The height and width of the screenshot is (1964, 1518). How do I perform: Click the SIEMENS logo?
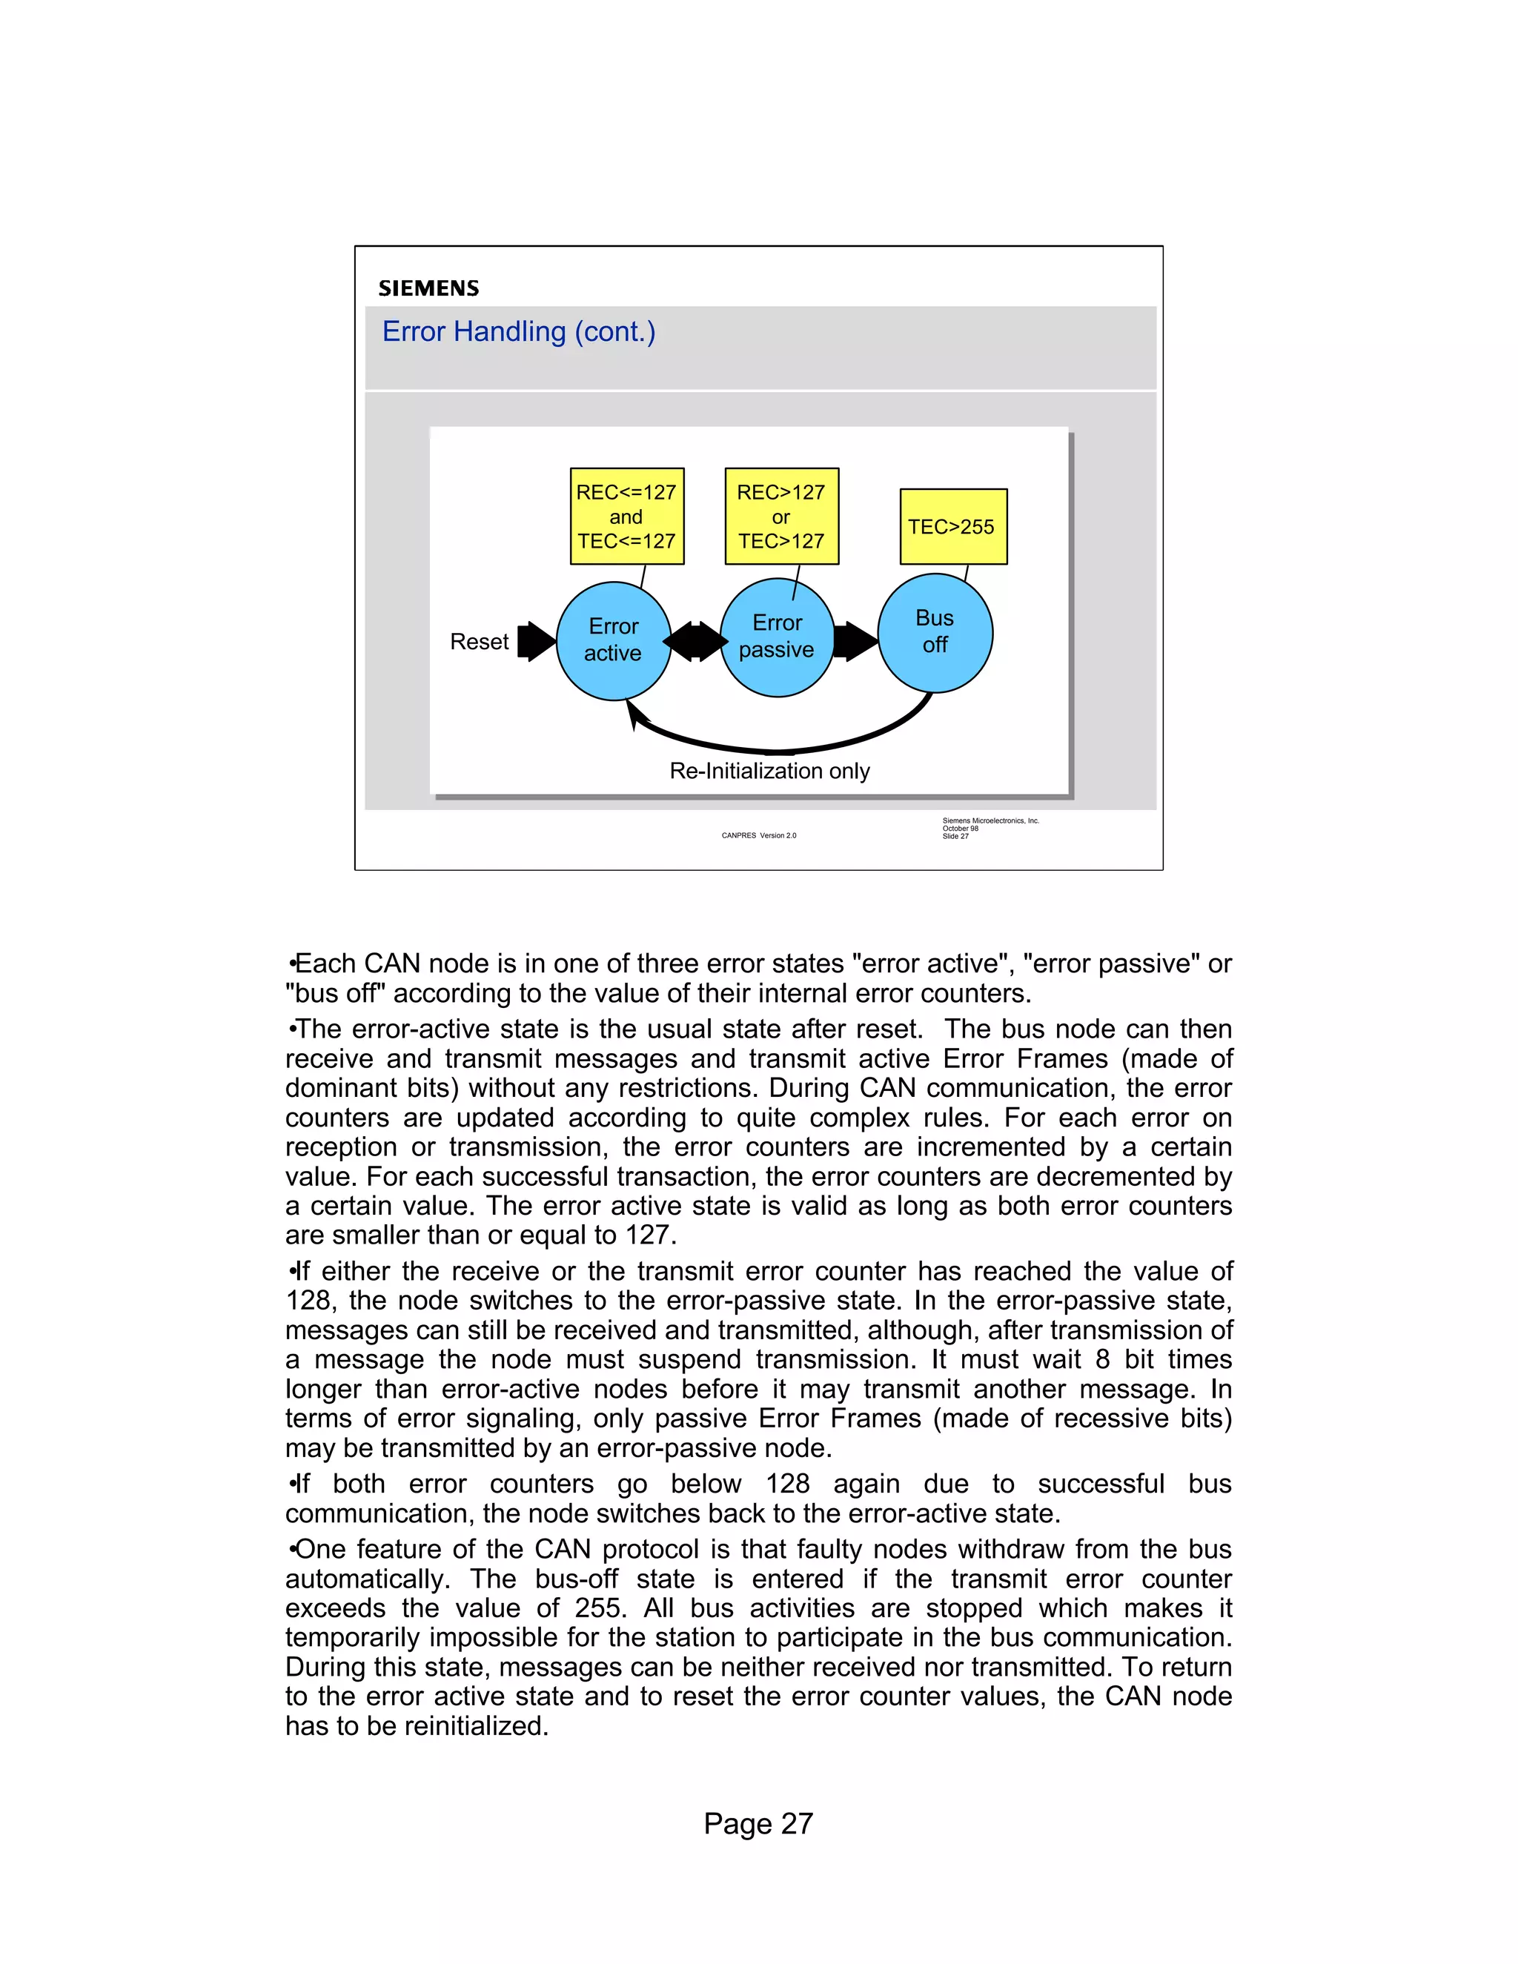click(428, 288)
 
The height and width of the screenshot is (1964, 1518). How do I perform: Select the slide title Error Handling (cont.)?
click(518, 332)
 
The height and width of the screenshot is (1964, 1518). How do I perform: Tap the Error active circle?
click(613, 640)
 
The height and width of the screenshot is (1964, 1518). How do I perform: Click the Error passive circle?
click(777, 637)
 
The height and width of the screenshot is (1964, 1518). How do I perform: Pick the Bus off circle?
click(935, 632)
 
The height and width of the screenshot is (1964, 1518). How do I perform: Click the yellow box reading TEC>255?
click(952, 527)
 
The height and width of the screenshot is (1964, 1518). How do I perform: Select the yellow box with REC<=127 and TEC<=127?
click(627, 516)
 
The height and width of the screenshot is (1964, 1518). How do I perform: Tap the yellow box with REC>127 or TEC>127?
click(781, 516)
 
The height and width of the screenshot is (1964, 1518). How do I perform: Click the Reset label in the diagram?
click(480, 642)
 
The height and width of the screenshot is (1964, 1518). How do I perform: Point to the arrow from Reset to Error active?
click(537, 641)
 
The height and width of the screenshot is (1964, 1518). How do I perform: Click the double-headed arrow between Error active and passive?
click(695, 641)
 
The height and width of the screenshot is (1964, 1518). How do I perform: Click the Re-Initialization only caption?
click(770, 771)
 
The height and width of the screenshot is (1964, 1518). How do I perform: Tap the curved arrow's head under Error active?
click(634, 715)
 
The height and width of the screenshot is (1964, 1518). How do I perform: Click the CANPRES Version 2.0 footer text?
click(758, 835)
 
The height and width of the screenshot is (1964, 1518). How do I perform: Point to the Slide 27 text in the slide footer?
click(955, 836)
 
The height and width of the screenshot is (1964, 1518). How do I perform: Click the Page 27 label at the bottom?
click(758, 1824)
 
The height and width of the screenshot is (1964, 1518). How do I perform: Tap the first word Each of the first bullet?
click(325, 964)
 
